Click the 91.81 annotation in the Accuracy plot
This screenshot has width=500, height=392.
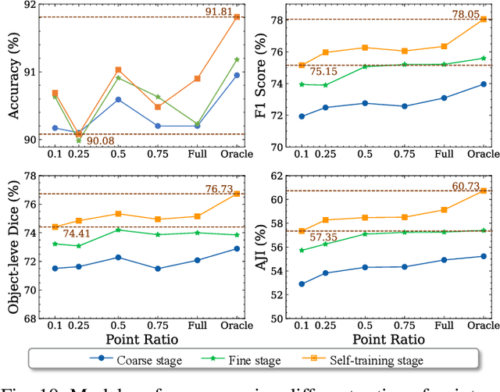221,11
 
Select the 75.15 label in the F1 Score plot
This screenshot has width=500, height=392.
324,72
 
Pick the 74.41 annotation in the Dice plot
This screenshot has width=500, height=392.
78,233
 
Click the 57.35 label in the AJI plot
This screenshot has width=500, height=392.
324,237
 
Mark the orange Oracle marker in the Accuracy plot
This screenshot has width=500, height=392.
237,17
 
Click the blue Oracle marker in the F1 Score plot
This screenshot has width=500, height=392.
483,84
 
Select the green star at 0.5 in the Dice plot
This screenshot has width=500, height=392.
118,230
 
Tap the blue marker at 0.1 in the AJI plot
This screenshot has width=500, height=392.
302,284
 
